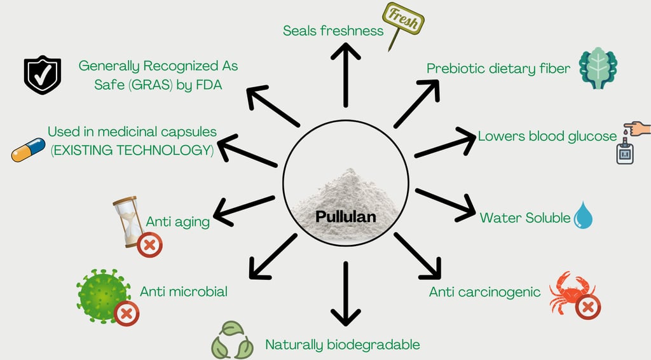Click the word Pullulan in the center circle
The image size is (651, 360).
pyautogui.click(x=345, y=216)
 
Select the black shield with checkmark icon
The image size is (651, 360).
pyautogui.click(x=42, y=74)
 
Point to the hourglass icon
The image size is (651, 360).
pyautogui.click(x=129, y=219)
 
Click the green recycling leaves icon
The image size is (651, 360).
pyautogui.click(x=232, y=340)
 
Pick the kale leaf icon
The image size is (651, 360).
pyautogui.click(x=598, y=68)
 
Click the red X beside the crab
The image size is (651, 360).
pyautogui.click(x=588, y=307)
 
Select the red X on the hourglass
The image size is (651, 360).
pyautogui.click(x=149, y=245)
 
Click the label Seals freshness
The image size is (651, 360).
pyautogui.click(x=333, y=31)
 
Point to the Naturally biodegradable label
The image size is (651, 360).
pyautogui.click(x=343, y=345)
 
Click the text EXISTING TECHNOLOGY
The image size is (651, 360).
pyautogui.click(x=132, y=150)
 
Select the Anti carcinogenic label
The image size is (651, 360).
pyautogui.click(x=484, y=292)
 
